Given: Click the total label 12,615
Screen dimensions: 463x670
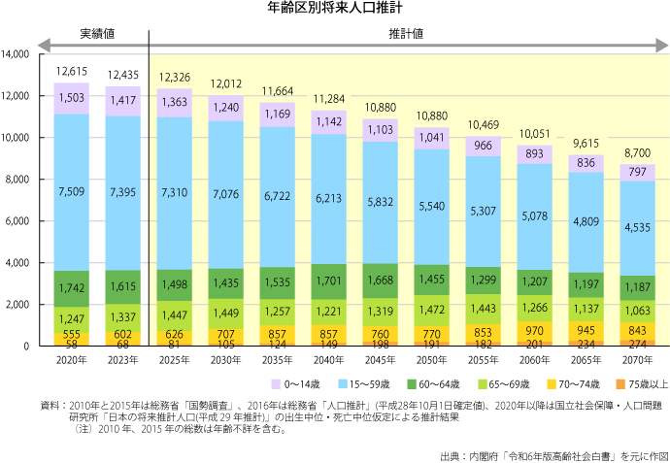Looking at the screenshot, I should tap(72, 71).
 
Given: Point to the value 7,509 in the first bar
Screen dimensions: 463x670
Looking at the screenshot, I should tap(72, 191).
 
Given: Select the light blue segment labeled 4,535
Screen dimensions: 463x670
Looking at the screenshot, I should tap(637, 228).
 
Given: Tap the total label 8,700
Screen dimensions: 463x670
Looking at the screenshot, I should tap(637, 153).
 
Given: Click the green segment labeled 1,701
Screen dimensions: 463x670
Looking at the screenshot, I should tap(328, 282).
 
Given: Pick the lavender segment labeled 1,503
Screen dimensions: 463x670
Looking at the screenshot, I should tap(72, 98).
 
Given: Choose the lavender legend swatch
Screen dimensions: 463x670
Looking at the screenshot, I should tap(276, 384).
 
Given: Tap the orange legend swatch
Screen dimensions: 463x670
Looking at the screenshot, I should tap(620, 384).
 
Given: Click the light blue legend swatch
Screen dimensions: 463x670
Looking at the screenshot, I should tap(343, 384).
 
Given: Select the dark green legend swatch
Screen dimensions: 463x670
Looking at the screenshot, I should tap(412, 384).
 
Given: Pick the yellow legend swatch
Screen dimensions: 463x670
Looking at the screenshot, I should tap(552, 384).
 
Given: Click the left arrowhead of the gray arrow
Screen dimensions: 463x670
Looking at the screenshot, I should tap(43, 45).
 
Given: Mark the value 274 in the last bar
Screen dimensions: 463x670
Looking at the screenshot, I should tap(637, 344).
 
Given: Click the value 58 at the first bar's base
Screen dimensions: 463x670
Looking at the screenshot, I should tap(72, 344).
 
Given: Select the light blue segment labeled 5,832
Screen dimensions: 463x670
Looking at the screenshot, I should tap(380, 201).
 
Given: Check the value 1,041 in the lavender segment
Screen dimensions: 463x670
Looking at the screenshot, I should tap(431, 137).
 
